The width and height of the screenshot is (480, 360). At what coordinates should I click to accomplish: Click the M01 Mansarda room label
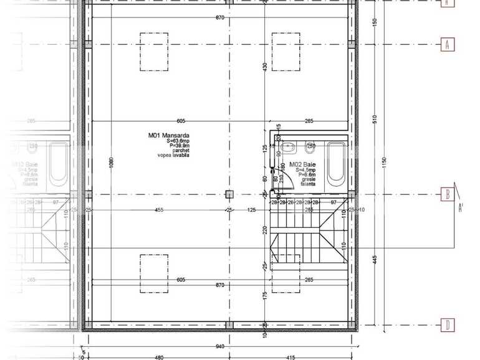click(x=168, y=135)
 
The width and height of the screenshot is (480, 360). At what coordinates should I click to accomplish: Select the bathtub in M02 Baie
click(x=336, y=164)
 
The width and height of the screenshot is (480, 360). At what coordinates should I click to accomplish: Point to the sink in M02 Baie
click(x=289, y=148)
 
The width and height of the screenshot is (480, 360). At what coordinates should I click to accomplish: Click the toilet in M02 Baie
click(x=310, y=148)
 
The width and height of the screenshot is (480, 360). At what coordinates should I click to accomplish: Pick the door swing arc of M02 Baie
click(x=277, y=184)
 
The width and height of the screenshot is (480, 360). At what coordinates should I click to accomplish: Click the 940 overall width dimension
click(x=219, y=347)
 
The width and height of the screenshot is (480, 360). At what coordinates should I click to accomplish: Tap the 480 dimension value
click(x=159, y=357)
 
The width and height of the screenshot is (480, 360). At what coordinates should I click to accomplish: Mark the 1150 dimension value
click(x=385, y=163)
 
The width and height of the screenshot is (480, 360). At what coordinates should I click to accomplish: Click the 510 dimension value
click(x=373, y=119)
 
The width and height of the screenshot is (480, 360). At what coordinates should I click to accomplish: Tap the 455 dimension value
click(x=159, y=210)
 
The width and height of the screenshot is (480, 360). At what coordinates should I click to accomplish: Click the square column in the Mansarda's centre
click(x=229, y=194)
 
